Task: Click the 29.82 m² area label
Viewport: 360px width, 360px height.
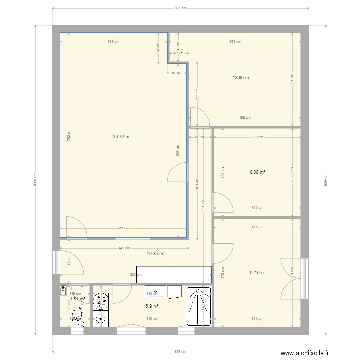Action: click(x=122, y=136)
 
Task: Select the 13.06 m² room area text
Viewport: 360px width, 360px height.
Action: click(x=241, y=77)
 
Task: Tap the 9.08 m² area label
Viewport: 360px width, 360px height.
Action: click(x=257, y=172)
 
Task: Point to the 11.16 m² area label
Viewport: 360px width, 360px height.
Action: click(x=257, y=272)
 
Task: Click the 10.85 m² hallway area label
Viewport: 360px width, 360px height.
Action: click(x=156, y=253)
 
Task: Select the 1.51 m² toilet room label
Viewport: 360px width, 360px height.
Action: click(x=77, y=299)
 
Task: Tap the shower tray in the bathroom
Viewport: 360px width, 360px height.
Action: click(x=199, y=306)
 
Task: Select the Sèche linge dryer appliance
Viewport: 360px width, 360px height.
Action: click(x=101, y=301)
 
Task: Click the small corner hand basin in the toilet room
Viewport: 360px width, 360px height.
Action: click(x=63, y=289)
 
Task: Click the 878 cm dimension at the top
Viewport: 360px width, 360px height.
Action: click(x=180, y=8)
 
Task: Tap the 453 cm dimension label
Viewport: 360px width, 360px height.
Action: click(x=235, y=42)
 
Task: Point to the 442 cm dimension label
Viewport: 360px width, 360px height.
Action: click(x=124, y=248)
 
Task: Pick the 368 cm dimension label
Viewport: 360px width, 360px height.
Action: click(x=113, y=42)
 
